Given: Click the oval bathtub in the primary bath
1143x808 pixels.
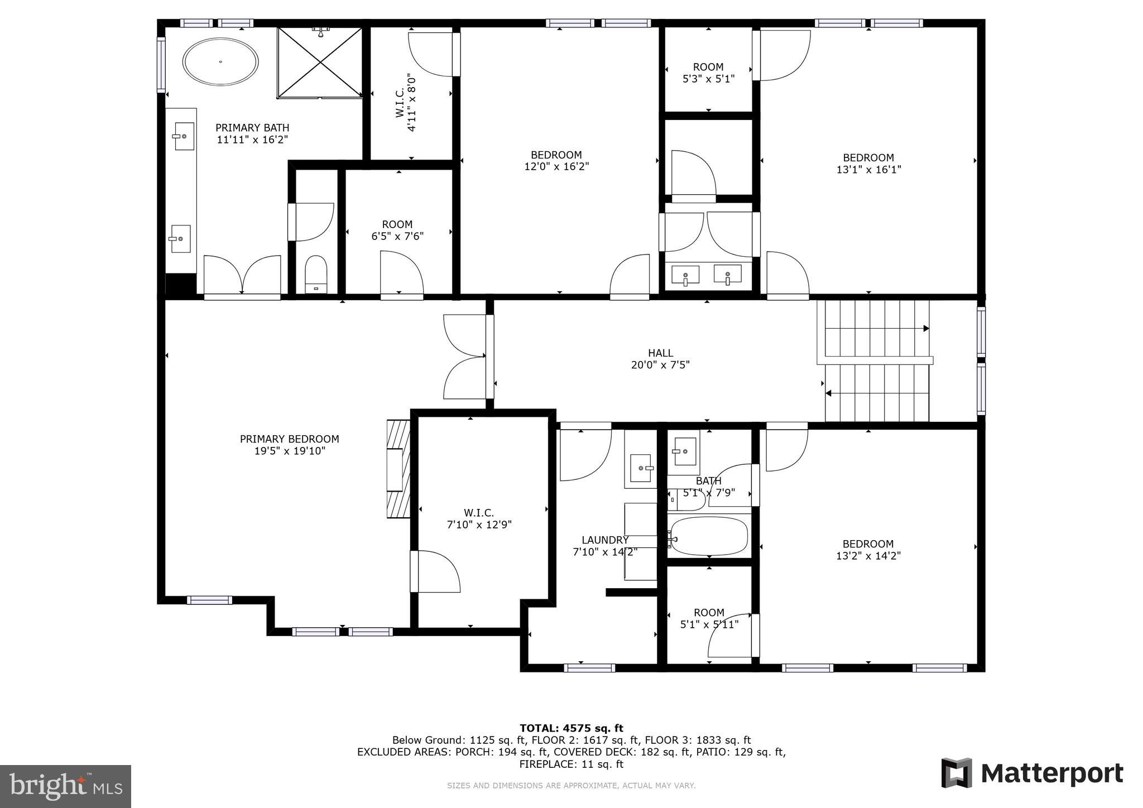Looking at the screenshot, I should (x=221, y=61).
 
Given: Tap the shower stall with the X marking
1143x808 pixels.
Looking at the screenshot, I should (x=320, y=62).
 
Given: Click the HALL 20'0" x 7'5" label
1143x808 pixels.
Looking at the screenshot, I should (x=660, y=359).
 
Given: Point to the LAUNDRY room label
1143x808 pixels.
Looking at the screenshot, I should (x=605, y=540).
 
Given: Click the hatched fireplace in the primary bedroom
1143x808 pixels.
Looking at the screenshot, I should (x=398, y=469).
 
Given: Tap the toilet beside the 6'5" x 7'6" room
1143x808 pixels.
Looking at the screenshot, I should (x=316, y=273).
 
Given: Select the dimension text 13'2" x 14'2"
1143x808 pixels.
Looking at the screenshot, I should (x=868, y=556).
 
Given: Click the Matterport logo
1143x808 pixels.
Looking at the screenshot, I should (x=1032, y=773).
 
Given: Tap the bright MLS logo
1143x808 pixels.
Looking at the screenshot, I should (x=65, y=786).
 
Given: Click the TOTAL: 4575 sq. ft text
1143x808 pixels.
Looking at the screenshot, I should (x=571, y=728).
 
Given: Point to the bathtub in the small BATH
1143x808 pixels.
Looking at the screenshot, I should (x=709, y=536).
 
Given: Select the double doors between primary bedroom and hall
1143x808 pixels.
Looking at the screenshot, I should (x=464, y=357).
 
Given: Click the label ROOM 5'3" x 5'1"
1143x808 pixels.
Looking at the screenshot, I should (x=708, y=73).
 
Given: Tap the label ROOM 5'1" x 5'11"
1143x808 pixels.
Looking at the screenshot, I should (x=709, y=618).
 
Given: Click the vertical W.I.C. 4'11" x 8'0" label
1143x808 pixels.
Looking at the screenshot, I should (x=406, y=103).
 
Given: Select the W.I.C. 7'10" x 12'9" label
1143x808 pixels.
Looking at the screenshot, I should (x=479, y=518).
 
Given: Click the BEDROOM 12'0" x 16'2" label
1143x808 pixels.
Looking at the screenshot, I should (x=556, y=160).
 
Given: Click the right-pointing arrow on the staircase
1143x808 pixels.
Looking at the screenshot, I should (x=925, y=328).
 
